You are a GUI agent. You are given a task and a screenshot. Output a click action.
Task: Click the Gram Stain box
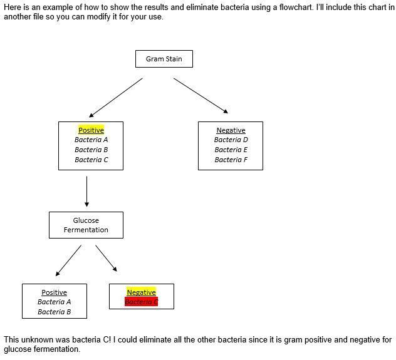coord(164,59)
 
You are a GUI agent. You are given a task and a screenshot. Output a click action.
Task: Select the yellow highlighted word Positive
coord(91,130)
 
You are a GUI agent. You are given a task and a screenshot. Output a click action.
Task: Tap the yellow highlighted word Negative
coord(141,292)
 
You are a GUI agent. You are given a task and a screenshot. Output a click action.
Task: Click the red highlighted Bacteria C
coord(141,302)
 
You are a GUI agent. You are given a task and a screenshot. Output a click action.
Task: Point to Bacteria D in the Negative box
coord(231,140)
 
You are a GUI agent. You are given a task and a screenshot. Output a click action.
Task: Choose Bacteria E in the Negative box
coord(231,150)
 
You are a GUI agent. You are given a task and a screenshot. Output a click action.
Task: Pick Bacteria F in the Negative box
coord(231,160)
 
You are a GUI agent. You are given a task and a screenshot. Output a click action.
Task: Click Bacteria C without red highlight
coord(91,160)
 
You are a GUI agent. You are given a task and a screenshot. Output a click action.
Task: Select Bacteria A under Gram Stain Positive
coord(91,140)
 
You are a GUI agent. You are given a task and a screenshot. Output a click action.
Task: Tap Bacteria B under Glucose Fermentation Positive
coord(54,312)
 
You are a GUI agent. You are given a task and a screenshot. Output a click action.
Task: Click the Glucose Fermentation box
coord(86,225)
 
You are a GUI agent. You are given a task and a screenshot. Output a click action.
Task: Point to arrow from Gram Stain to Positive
coord(116,97)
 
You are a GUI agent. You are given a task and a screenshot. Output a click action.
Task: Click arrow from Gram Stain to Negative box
coord(201,96)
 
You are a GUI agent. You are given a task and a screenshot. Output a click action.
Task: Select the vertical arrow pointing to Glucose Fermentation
coord(86,192)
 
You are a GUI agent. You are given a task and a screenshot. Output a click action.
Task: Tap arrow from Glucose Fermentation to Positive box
coord(68,260)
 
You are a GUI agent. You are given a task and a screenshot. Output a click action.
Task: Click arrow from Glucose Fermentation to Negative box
coord(107,259)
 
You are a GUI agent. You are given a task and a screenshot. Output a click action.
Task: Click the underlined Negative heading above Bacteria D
coord(231,130)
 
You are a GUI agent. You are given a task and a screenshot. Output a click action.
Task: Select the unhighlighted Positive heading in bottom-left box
coord(54,292)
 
